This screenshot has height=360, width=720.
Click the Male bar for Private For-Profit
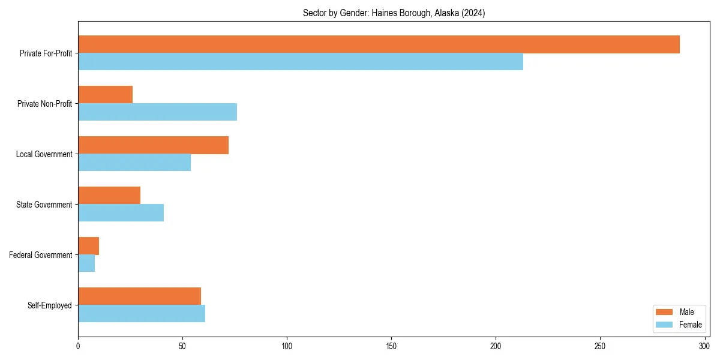(x=379, y=44)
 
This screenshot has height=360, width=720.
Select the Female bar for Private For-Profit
(x=301, y=62)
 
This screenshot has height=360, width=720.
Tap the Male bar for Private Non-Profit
(x=105, y=95)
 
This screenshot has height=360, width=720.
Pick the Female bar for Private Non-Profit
(x=157, y=112)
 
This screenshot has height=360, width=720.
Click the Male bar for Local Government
(x=153, y=145)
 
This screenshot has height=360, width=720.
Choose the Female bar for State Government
(x=121, y=213)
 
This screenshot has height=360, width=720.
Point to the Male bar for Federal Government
(x=88, y=246)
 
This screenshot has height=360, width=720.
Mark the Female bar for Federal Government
(x=86, y=263)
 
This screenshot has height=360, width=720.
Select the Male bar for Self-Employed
(x=139, y=296)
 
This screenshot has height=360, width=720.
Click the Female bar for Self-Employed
(x=142, y=314)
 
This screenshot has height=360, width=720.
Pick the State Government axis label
(x=44, y=205)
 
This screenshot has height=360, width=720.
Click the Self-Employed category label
(x=50, y=305)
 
